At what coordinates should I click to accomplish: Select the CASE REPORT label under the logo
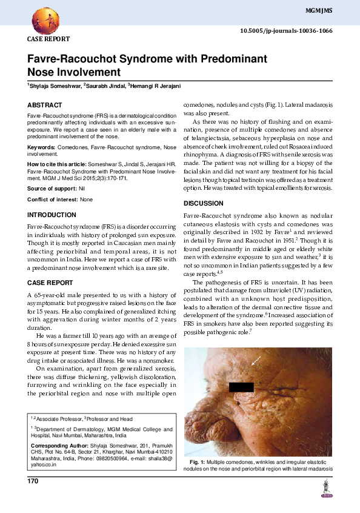[x=48, y=39]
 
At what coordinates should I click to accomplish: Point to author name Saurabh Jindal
[x=104, y=87]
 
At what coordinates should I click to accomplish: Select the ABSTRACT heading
[x=45, y=105]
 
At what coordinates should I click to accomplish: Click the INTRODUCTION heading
[x=52, y=215]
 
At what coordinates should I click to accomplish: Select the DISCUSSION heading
[x=203, y=203]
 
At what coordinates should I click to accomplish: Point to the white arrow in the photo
[x=256, y=362]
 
